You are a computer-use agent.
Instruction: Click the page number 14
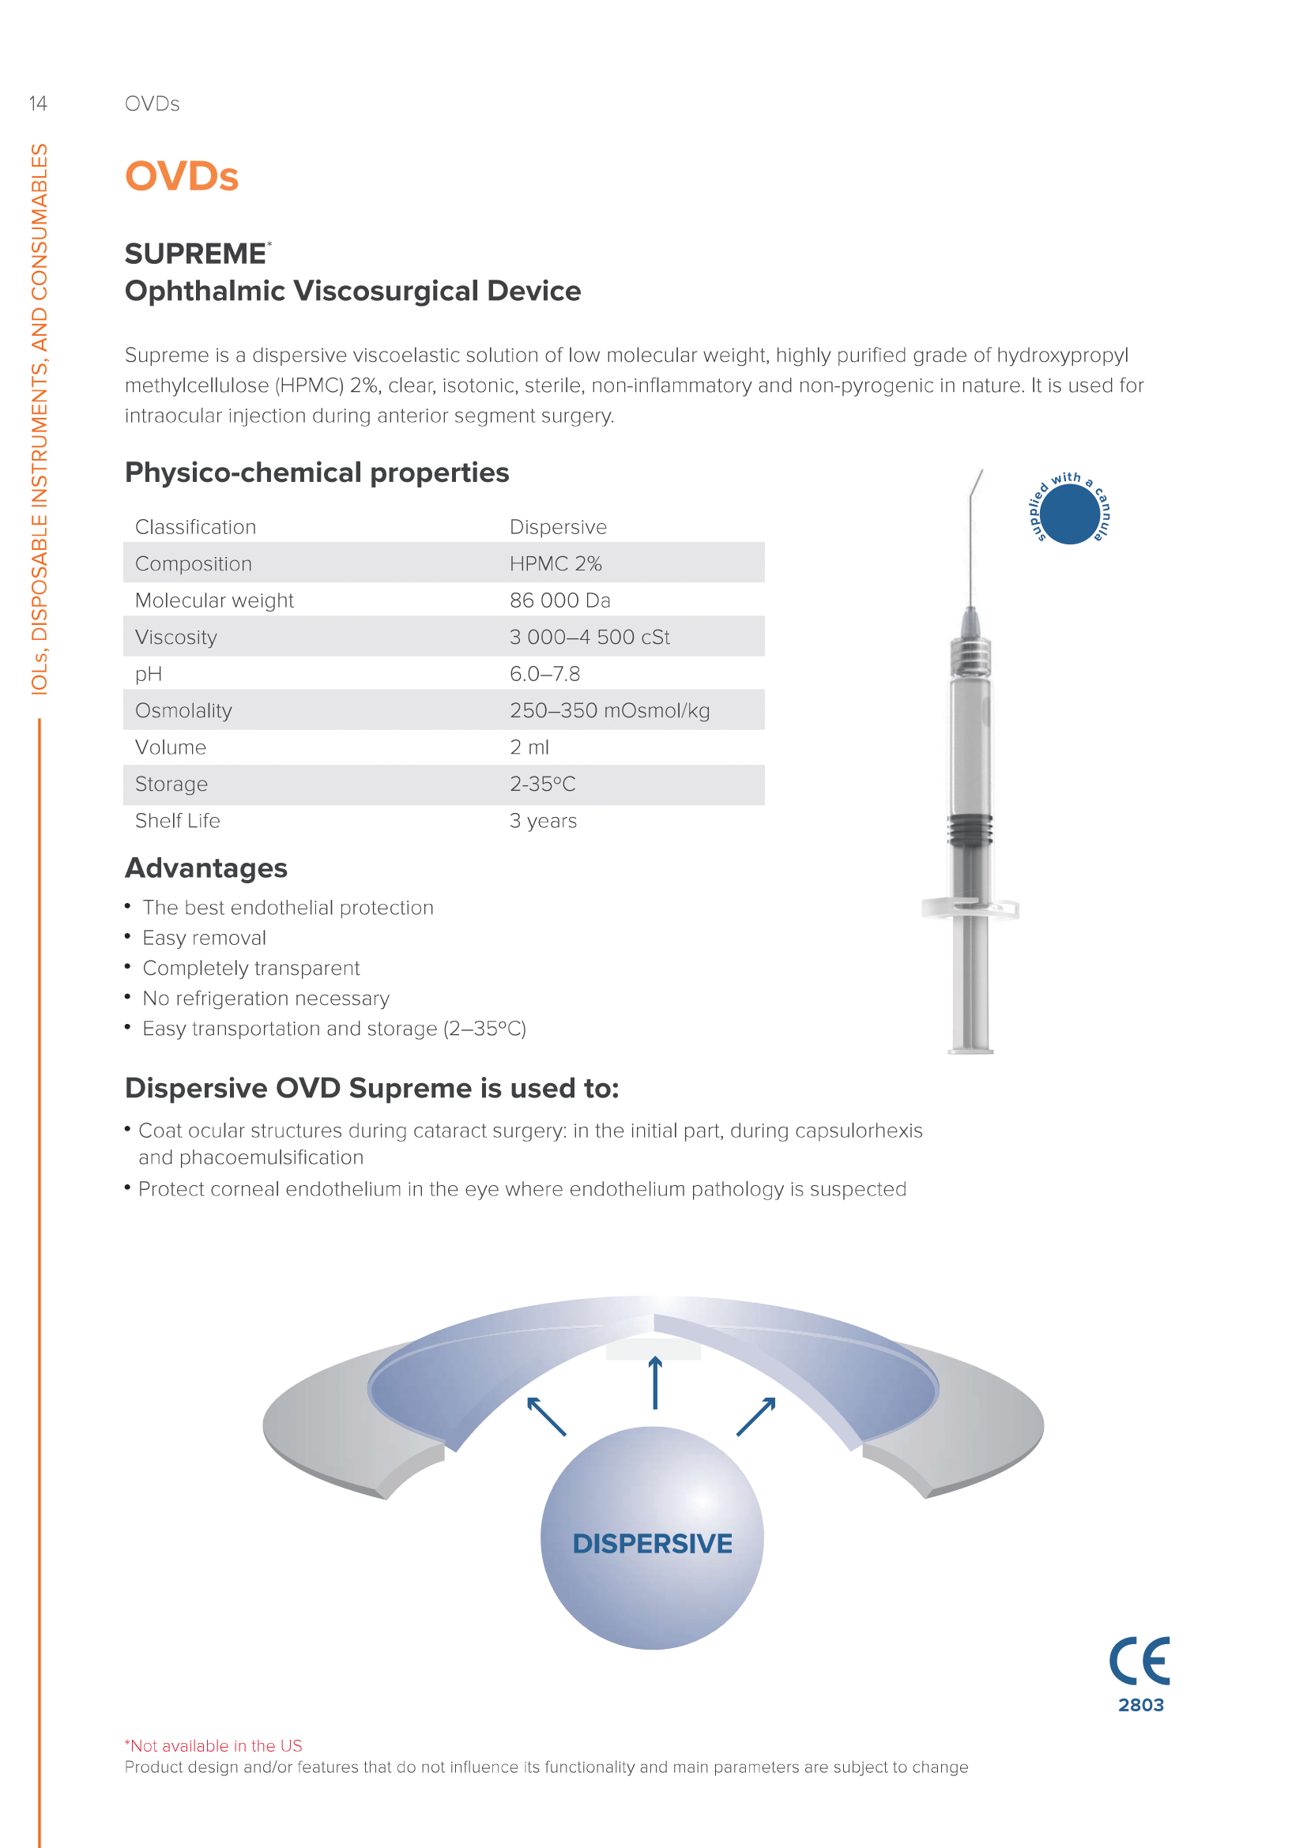[38, 104]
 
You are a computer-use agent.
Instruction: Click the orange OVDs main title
[182, 176]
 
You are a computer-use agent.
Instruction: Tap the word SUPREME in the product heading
[195, 254]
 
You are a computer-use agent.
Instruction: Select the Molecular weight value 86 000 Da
[559, 600]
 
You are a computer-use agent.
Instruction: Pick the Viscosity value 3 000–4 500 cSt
[589, 638]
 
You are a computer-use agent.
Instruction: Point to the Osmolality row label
[183, 711]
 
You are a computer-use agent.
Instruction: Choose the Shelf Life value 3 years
[542, 821]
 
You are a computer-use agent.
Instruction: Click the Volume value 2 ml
[529, 747]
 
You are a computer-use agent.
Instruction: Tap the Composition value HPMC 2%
[556, 564]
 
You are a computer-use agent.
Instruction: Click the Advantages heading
[206, 868]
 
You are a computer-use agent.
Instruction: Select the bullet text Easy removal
[204, 939]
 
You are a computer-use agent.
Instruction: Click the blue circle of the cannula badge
[1070, 514]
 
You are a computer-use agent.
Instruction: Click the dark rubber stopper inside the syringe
[970, 829]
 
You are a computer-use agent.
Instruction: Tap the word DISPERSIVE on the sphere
[652, 1544]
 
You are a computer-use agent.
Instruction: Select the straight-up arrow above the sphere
[655, 1382]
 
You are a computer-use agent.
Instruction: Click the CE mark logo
[1139, 1661]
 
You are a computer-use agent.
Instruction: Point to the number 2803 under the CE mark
[1140, 1705]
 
